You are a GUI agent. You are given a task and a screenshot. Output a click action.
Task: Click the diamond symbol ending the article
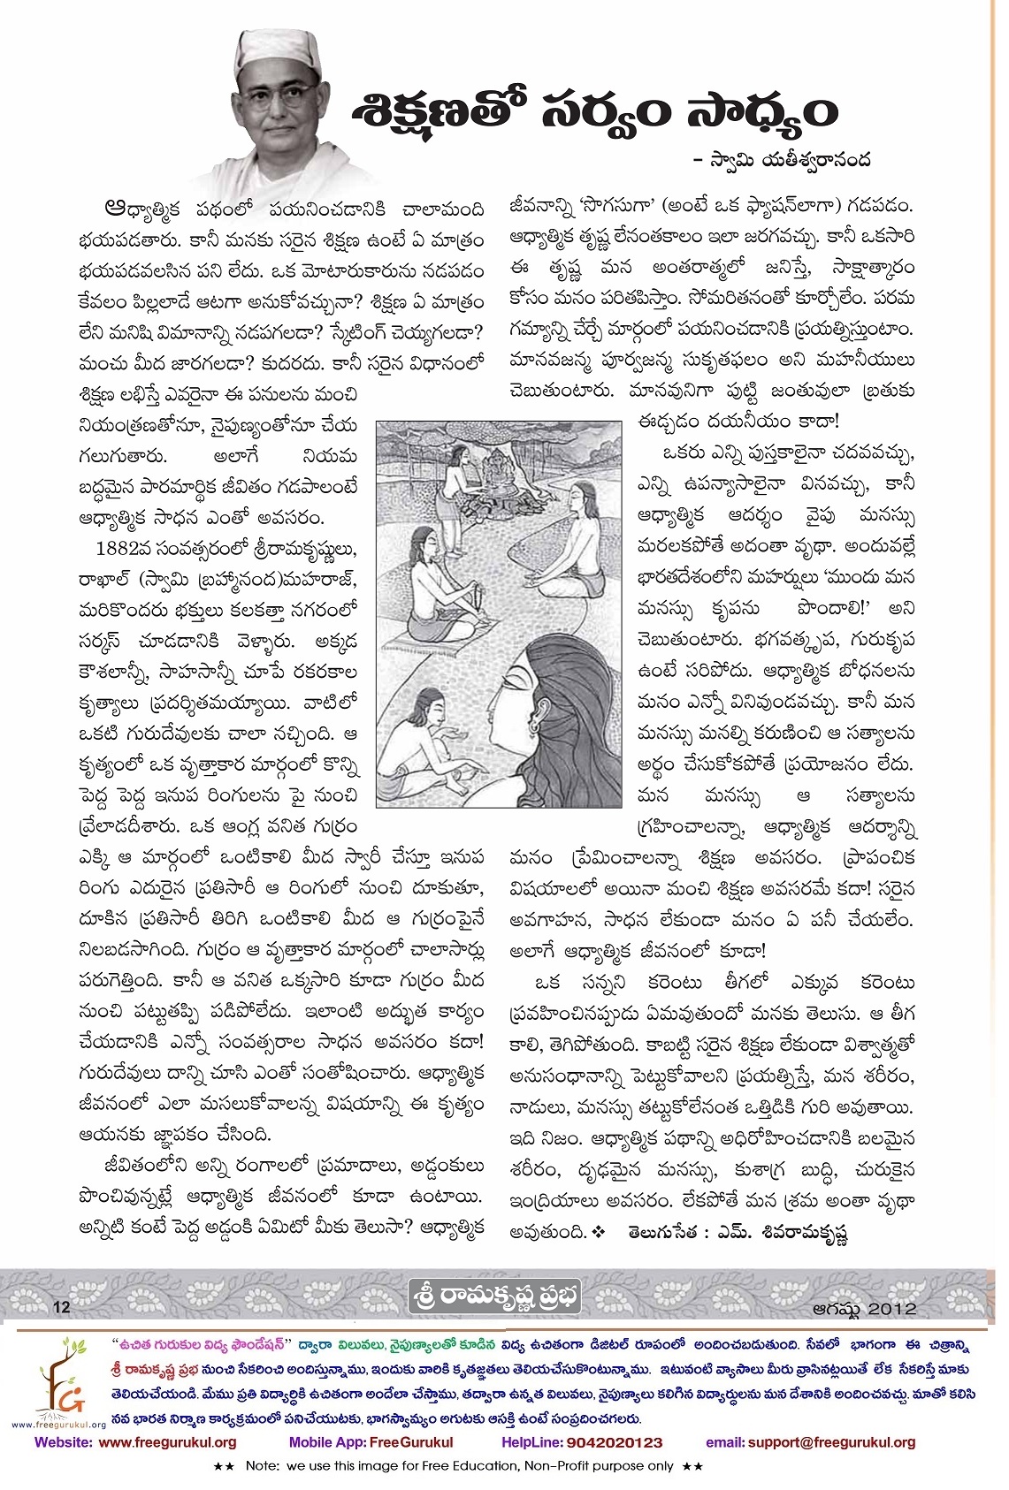point(600,1231)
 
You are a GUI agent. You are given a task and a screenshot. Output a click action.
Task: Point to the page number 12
point(62,1307)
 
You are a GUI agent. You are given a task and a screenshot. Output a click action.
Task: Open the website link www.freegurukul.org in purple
point(167,1442)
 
